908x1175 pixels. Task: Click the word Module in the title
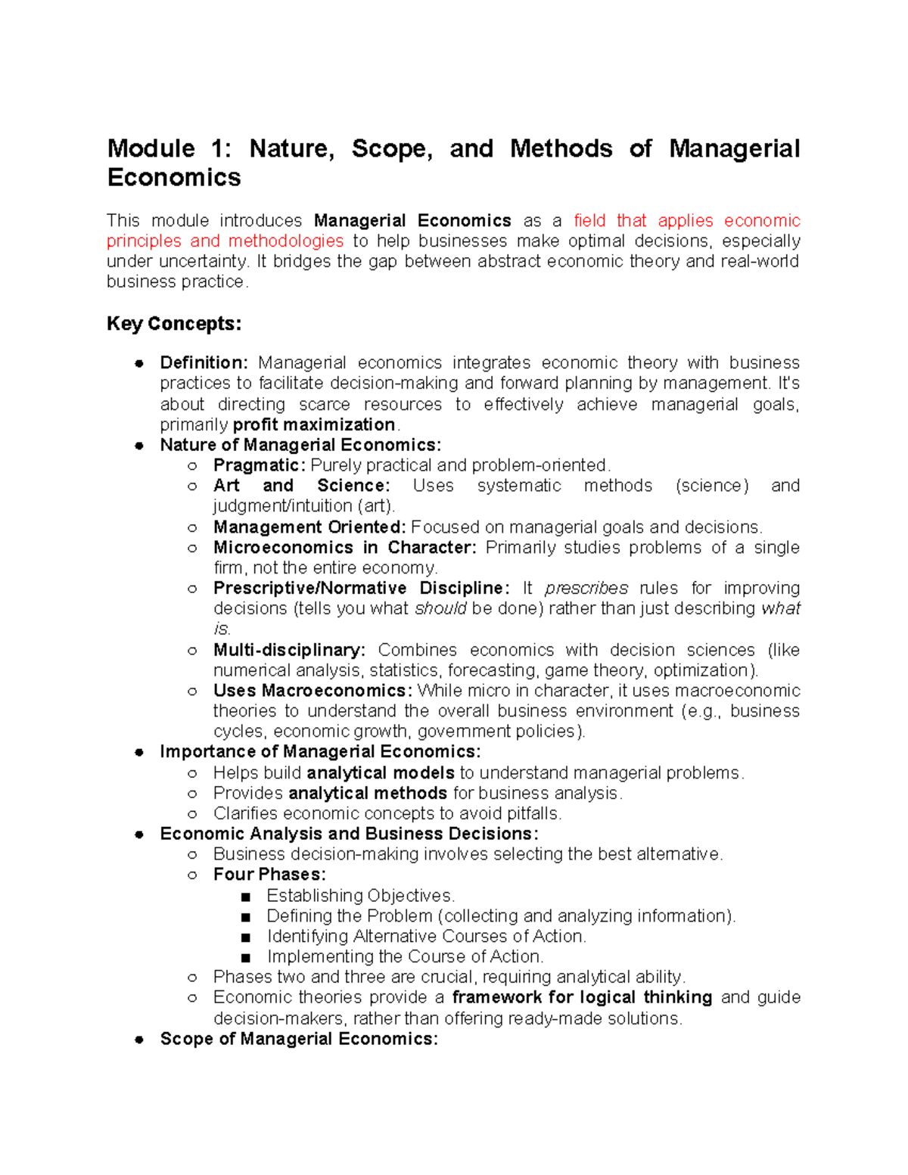pos(151,148)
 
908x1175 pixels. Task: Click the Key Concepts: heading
pos(174,324)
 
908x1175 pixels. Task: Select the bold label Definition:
pos(204,363)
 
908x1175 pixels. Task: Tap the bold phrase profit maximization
pos(314,424)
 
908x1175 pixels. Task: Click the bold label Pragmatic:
pos(259,465)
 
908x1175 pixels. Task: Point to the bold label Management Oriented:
pos(309,527)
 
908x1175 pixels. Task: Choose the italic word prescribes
pos(586,589)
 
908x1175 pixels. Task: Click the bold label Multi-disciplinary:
pos(289,650)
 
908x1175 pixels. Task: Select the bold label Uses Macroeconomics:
pos(313,691)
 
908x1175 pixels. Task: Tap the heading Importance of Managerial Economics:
pos(320,752)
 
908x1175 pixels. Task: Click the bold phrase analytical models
pos(381,772)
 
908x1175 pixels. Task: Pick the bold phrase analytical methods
pos(368,793)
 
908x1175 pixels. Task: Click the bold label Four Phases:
pos(269,875)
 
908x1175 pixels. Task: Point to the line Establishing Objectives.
pos(360,896)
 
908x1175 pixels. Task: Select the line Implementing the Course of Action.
pos(405,957)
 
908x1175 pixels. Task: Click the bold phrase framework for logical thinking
pos(582,998)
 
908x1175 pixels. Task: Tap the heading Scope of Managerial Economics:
pos(299,1039)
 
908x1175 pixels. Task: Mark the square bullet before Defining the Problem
pos(245,917)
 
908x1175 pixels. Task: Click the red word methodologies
pos(286,241)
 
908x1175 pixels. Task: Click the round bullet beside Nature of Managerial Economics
pos(139,446)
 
